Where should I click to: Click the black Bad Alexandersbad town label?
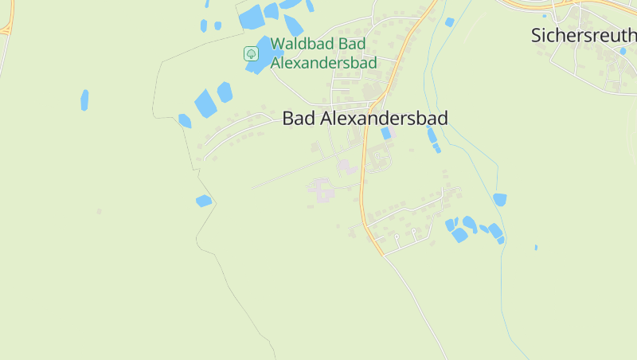click(x=365, y=118)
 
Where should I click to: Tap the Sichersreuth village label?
click(x=583, y=36)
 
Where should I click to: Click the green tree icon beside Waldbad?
click(x=251, y=53)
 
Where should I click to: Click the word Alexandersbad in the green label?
click(x=322, y=61)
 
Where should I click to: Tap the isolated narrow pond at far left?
click(x=84, y=100)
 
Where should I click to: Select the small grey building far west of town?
click(x=99, y=211)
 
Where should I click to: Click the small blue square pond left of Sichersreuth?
click(x=450, y=22)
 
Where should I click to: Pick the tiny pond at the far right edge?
click(x=536, y=247)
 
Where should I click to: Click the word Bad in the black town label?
click(x=299, y=118)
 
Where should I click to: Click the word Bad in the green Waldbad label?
click(x=351, y=44)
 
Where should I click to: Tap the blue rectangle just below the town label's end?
click(x=386, y=134)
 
